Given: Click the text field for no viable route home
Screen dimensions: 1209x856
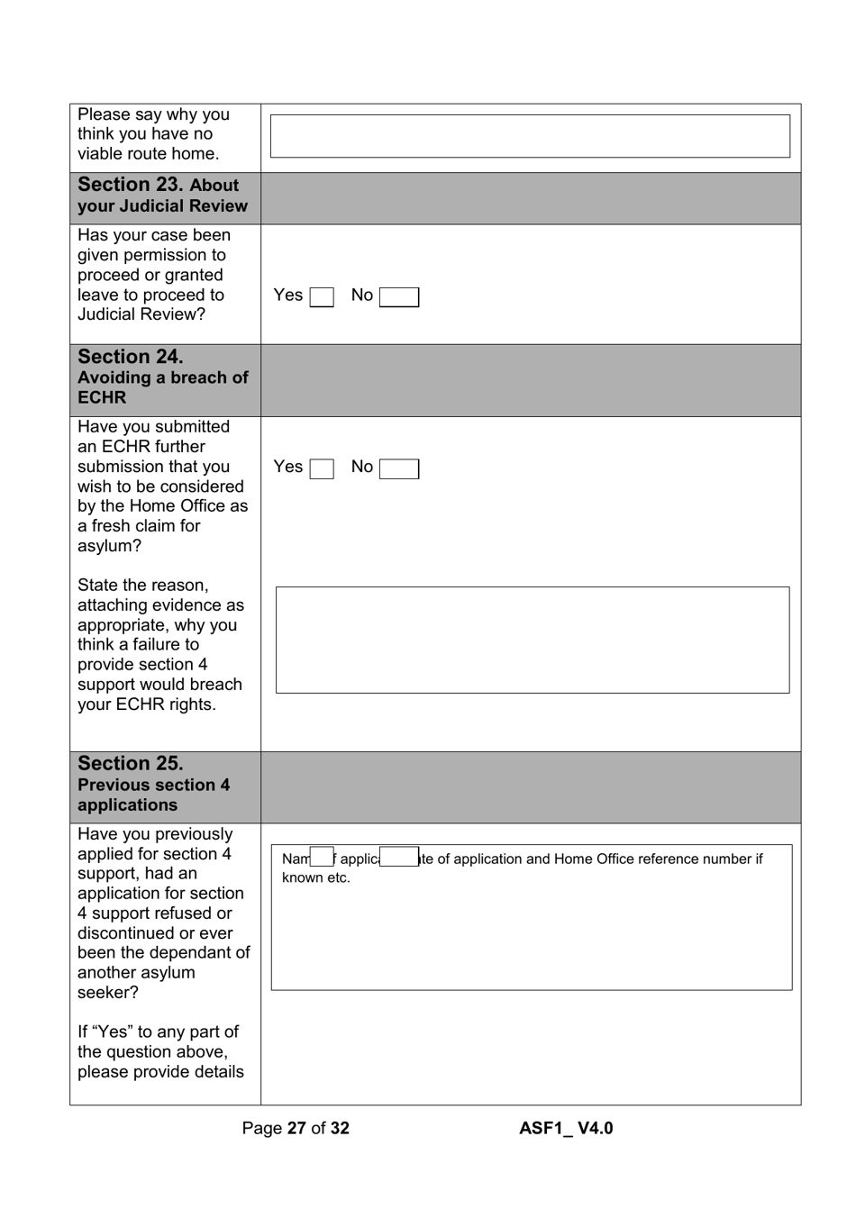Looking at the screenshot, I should (530, 136).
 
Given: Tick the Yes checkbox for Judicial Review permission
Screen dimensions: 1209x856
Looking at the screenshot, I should (322, 297).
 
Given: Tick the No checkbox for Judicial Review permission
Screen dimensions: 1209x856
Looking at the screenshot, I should (399, 297).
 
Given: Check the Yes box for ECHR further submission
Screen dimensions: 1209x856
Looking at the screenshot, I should (322, 468).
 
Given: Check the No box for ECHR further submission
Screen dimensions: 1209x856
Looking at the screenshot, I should (399, 468).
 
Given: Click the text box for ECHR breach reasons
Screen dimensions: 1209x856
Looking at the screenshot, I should (532, 640).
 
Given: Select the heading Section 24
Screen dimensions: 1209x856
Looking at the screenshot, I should (130, 357).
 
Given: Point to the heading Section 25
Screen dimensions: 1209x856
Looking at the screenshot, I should (130, 764).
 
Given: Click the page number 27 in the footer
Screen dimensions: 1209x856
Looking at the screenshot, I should (296, 1128).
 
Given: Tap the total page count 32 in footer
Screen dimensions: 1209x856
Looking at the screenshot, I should (339, 1128).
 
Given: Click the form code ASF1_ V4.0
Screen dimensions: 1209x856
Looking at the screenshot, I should (566, 1128).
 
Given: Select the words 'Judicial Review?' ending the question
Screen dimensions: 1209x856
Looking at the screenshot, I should (141, 314).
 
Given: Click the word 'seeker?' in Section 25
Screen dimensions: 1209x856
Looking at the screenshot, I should (108, 993).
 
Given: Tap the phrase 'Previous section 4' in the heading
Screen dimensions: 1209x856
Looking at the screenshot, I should (153, 785).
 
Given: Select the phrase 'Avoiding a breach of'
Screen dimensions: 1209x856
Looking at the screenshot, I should (162, 377).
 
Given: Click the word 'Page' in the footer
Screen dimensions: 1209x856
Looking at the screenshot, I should (261, 1128).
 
